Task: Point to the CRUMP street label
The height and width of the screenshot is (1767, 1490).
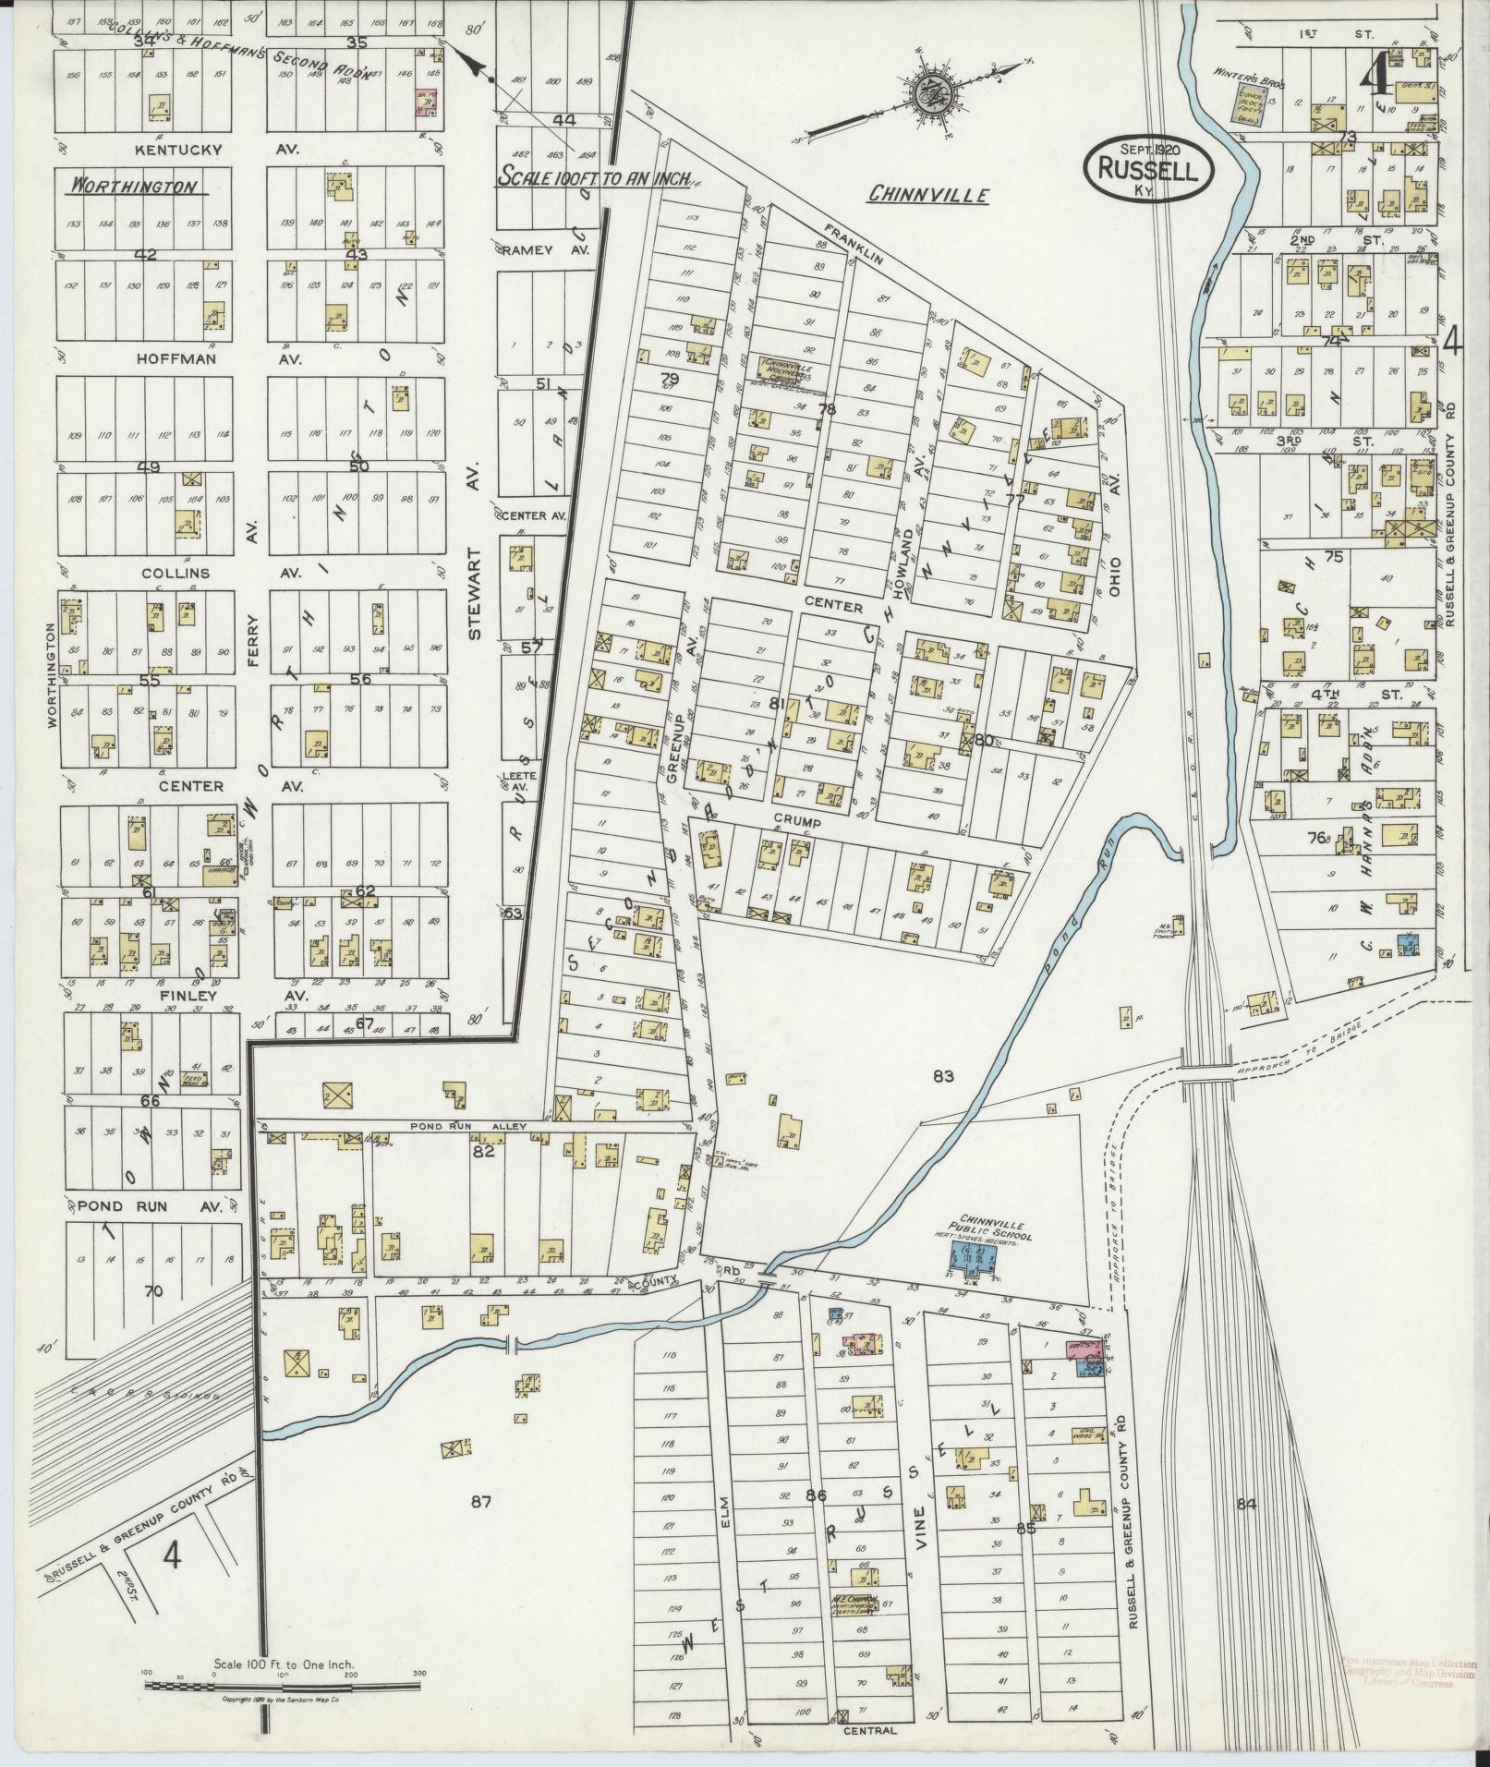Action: pos(797,820)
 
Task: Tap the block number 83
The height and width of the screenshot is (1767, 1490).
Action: pos(942,1076)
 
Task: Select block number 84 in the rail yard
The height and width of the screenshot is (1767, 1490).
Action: pos(1246,1504)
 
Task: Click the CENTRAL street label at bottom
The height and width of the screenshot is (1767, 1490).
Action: pos(869,1731)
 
